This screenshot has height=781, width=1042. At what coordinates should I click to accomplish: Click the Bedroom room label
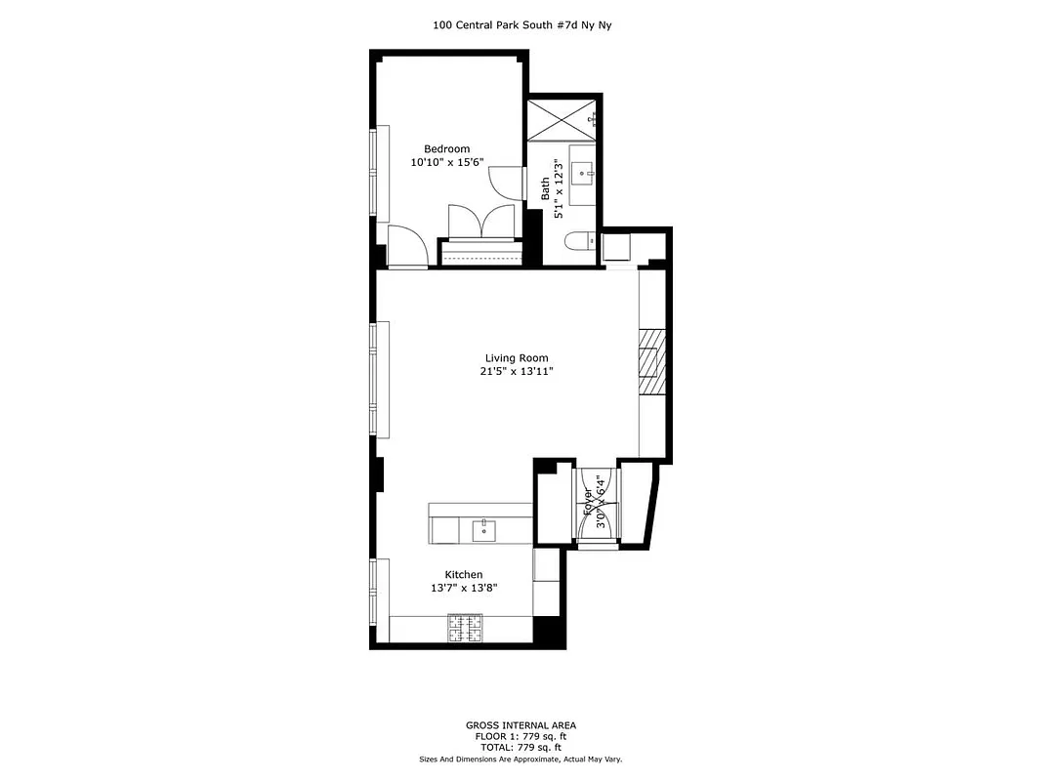coord(446,149)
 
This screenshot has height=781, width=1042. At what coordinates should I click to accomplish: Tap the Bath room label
coord(546,187)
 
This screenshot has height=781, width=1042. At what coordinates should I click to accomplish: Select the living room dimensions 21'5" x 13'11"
coord(517,372)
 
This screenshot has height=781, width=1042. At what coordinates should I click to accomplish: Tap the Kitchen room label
coord(464,575)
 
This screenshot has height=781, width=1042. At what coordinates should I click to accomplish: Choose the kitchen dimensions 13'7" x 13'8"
coord(464,589)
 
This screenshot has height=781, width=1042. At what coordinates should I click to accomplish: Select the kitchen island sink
coord(483,530)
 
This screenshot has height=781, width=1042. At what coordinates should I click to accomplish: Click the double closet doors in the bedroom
coord(480,222)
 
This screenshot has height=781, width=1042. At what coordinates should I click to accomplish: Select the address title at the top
coord(521,26)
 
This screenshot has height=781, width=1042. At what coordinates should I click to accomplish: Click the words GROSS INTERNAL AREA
coord(521,725)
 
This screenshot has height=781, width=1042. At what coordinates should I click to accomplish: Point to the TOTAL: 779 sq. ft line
coord(521,747)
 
